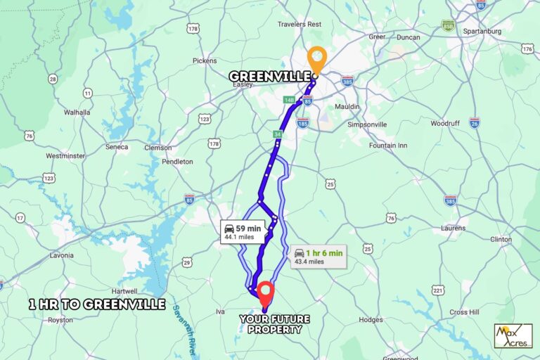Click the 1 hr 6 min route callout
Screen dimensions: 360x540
[319, 257]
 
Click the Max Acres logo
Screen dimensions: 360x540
[513, 335]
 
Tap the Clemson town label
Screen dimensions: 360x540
[157, 148]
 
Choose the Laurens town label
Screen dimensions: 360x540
[454, 228]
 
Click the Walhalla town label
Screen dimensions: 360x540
[77, 112]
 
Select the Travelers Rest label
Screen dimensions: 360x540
[300, 24]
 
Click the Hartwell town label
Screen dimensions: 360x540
[124, 290]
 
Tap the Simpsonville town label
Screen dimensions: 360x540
[367, 124]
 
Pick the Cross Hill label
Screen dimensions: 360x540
[464, 311]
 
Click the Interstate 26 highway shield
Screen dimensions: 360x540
[475, 122]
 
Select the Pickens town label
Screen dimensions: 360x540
[205, 61]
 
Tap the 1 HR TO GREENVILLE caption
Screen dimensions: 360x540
[97, 304]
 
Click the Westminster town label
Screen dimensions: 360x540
[65, 155]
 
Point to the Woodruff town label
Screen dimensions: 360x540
[445, 123]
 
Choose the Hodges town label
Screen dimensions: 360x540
[370, 319]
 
